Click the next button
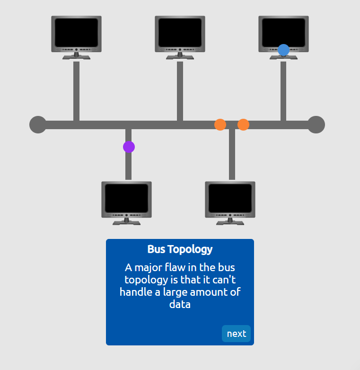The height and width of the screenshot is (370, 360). (236, 334)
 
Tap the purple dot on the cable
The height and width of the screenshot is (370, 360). (129, 147)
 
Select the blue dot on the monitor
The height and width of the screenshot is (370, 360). (283, 50)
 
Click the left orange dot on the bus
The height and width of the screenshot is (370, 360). (220, 125)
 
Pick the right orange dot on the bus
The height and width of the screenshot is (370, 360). (243, 125)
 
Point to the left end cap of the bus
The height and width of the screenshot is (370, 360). (38, 125)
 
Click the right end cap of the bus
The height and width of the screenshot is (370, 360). (316, 125)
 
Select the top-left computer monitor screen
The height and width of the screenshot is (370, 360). (76, 32)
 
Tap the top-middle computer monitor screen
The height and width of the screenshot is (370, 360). (180, 32)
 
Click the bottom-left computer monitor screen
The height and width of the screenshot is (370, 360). (126, 198)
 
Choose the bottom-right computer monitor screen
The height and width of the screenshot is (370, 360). (230, 198)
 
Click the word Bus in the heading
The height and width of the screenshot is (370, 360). (156, 249)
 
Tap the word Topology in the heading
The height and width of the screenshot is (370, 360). (190, 249)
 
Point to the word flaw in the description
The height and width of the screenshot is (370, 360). (172, 268)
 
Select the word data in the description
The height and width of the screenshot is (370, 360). (180, 305)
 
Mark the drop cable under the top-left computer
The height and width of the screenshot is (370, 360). (76, 90)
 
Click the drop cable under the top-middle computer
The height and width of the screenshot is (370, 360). (180, 90)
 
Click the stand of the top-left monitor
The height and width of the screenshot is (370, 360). (76, 56)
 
